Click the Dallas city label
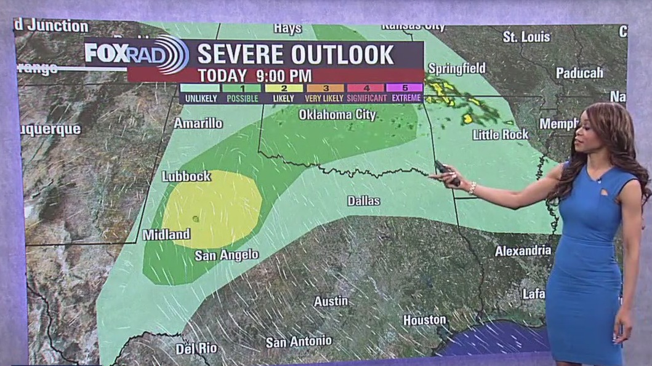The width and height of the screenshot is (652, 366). point(363,201)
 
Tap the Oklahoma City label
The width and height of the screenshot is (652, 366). point(337,114)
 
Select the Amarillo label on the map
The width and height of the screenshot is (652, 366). point(198,123)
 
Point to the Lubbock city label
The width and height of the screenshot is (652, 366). point(186,177)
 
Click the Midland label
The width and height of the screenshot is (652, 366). point(166,234)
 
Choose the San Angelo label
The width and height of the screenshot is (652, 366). point(227,255)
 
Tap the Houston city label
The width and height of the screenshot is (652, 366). point(424,320)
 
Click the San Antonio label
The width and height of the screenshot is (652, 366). point(299,341)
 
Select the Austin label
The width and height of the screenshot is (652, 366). point(331,301)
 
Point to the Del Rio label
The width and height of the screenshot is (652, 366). point(196,349)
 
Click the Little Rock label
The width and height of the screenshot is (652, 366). point(500,134)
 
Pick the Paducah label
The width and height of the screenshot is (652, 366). point(579,73)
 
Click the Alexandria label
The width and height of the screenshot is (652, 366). point(523,250)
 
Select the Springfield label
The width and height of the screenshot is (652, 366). point(456,68)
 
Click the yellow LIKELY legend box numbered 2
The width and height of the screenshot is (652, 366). point(284,88)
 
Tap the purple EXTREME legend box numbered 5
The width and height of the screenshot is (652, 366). point(404,88)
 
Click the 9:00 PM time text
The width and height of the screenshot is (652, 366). point(284,76)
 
